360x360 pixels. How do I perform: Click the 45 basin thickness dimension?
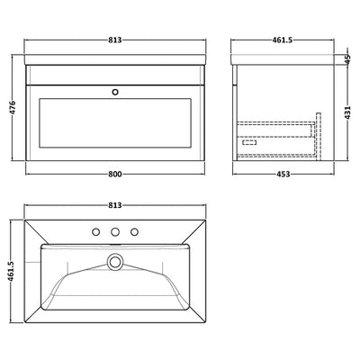347,58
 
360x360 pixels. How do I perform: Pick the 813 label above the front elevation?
113,40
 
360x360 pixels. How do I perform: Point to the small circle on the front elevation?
113,91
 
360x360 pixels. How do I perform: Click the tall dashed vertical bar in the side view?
317,130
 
